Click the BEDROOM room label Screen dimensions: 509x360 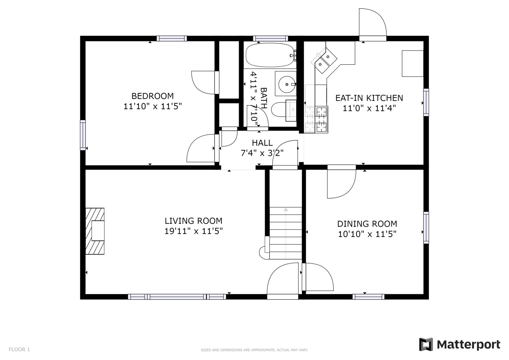[x=152, y=96]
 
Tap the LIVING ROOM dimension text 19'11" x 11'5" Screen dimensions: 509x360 [x=194, y=231]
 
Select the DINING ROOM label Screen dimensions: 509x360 [x=367, y=224]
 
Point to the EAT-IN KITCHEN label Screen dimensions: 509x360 [x=369, y=98]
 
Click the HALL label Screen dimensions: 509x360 [x=262, y=143]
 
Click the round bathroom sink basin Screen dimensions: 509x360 [x=287, y=84]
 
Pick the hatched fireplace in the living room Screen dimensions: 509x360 [x=95, y=231]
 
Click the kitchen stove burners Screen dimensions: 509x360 [x=321, y=120]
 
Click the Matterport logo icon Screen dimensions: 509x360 [x=426, y=344]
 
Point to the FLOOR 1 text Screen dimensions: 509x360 [x=19, y=349]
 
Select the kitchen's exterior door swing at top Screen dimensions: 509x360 [x=372, y=25]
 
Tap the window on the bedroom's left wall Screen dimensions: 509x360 [x=83, y=135]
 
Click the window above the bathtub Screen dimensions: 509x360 [x=270, y=38]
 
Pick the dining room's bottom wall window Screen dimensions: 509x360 [x=368, y=297]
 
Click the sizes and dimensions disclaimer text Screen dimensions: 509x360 [x=254, y=350]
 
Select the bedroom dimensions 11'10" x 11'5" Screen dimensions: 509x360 [x=153, y=106]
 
